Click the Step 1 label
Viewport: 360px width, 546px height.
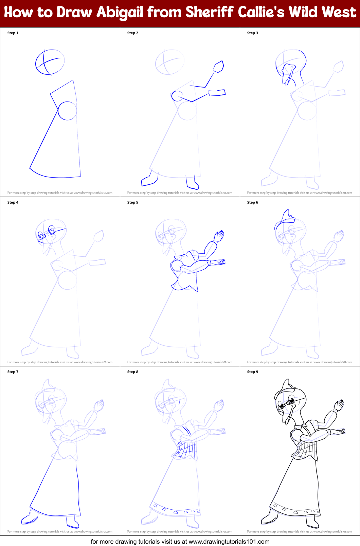click(13, 33)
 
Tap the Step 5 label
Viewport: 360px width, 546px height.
click(133, 202)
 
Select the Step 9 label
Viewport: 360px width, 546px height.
click(253, 372)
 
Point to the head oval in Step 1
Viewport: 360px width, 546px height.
click(50, 62)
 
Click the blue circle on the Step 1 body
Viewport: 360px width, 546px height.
click(67, 111)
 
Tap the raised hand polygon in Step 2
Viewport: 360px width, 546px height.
click(218, 67)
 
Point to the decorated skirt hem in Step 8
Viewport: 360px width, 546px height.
click(175, 509)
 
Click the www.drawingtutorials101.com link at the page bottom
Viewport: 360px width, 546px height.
click(229, 542)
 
